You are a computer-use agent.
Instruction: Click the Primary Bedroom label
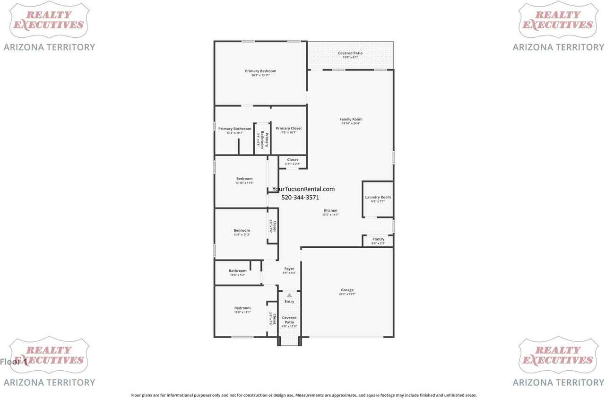point(260,71)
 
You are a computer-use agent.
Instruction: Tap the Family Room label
point(351,120)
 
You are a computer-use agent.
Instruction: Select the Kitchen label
point(330,211)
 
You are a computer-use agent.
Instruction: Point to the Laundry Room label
point(378,197)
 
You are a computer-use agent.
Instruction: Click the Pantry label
point(378,239)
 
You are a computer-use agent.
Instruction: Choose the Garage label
point(347,290)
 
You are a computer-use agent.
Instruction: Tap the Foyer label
point(289,269)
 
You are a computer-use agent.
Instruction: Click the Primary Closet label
point(289,129)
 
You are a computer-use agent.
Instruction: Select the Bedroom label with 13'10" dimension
point(244,179)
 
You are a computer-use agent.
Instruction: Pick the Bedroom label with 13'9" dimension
point(242,231)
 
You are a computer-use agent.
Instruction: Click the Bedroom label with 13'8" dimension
point(242,308)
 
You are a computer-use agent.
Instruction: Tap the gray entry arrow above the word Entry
point(289,295)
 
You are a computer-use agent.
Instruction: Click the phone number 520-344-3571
point(300,198)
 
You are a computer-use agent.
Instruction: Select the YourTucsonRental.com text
point(303,189)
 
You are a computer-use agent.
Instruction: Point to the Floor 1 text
point(13,362)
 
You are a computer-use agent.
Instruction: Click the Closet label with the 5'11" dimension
point(293,160)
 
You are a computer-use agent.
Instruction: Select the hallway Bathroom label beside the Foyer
point(238,271)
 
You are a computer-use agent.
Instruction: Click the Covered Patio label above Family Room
point(350,53)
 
